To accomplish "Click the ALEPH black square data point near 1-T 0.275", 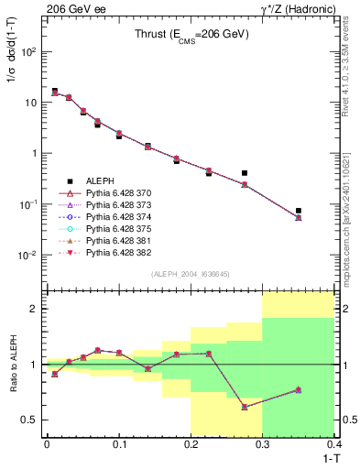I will point(245,172).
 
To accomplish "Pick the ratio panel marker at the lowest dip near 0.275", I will point(245,407).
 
